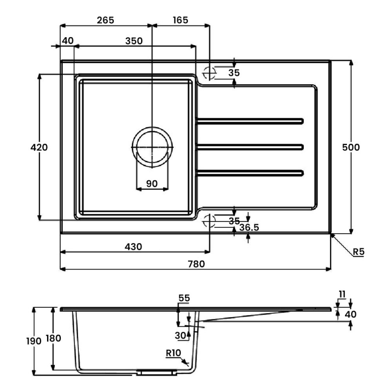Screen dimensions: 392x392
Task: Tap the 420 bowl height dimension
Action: coord(39,147)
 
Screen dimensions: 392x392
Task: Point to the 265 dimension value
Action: coord(105,20)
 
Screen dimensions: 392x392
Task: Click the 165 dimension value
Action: coord(180,20)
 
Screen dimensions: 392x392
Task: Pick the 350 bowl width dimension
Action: coord(133,41)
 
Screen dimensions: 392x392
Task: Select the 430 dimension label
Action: coord(133,247)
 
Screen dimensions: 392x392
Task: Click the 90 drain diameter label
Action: coord(152,184)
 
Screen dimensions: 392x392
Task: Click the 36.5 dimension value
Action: coord(249,227)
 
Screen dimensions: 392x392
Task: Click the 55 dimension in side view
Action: coord(184,298)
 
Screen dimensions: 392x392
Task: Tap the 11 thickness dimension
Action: coord(342,294)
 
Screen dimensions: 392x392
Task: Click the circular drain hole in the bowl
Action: coord(152,147)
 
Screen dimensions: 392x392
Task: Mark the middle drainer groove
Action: coord(250,146)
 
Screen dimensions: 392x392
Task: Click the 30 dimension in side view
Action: coord(180,335)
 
